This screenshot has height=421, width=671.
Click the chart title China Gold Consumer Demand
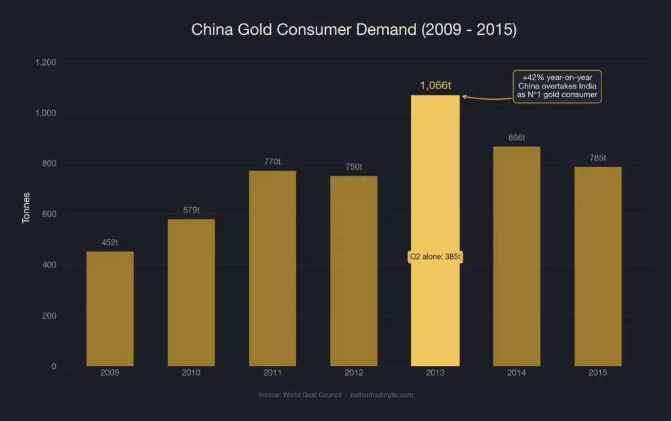tap(335, 30)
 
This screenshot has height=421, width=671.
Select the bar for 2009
tap(110, 308)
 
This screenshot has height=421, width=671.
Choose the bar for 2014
tap(516, 256)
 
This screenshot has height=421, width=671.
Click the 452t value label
tap(110, 243)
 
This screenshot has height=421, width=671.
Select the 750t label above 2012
tap(354, 167)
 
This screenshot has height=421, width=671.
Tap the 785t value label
tap(598, 158)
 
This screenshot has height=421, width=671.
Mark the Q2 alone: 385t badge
tap(435, 256)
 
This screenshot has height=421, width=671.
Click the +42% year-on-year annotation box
tap(557, 87)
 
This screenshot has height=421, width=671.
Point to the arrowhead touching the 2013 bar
tap(464, 96)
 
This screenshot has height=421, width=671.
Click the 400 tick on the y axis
tap(50, 265)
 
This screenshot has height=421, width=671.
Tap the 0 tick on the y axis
tap(54, 366)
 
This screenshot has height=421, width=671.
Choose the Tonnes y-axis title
tap(26, 208)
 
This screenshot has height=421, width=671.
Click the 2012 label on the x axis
tap(354, 372)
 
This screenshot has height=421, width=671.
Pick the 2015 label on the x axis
tap(598, 372)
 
